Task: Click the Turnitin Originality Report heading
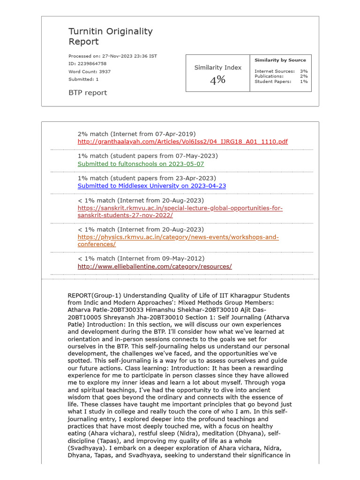coord(110,37)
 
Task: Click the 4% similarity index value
coord(217,80)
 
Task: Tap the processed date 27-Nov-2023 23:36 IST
coord(129,56)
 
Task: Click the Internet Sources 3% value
coord(304,71)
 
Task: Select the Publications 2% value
coord(304,76)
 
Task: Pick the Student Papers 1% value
coord(304,81)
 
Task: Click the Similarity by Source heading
coord(280,60)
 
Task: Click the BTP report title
coord(88,93)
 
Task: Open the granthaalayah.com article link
coord(182,142)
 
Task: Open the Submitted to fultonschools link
coord(141,164)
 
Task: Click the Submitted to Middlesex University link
coord(151,186)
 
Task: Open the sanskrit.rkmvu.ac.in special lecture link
coord(180,211)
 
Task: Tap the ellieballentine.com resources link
coord(154,266)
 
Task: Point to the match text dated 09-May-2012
coord(141,258)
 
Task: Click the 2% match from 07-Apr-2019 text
coord(136,134)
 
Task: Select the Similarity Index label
coord(217,67)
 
